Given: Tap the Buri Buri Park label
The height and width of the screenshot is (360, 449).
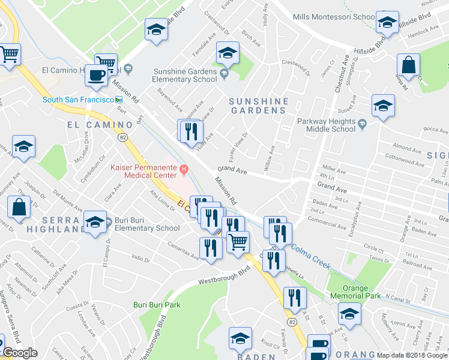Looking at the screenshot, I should point(157,305).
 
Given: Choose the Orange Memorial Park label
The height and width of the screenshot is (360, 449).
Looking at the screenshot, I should point(355,292).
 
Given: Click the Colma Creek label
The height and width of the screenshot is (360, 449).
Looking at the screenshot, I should point(310,256).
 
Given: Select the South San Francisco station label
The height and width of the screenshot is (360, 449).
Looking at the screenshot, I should point(78,99).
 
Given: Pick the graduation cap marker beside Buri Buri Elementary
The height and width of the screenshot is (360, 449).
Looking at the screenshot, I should point(94,222).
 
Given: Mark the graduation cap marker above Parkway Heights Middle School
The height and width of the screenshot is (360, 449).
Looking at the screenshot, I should point(383,106).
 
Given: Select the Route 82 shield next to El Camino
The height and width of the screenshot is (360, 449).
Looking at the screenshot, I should point(123,137).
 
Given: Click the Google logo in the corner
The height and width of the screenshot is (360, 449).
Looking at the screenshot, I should point(19,353).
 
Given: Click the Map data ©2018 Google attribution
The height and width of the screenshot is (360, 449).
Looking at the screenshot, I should point(412,355).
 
